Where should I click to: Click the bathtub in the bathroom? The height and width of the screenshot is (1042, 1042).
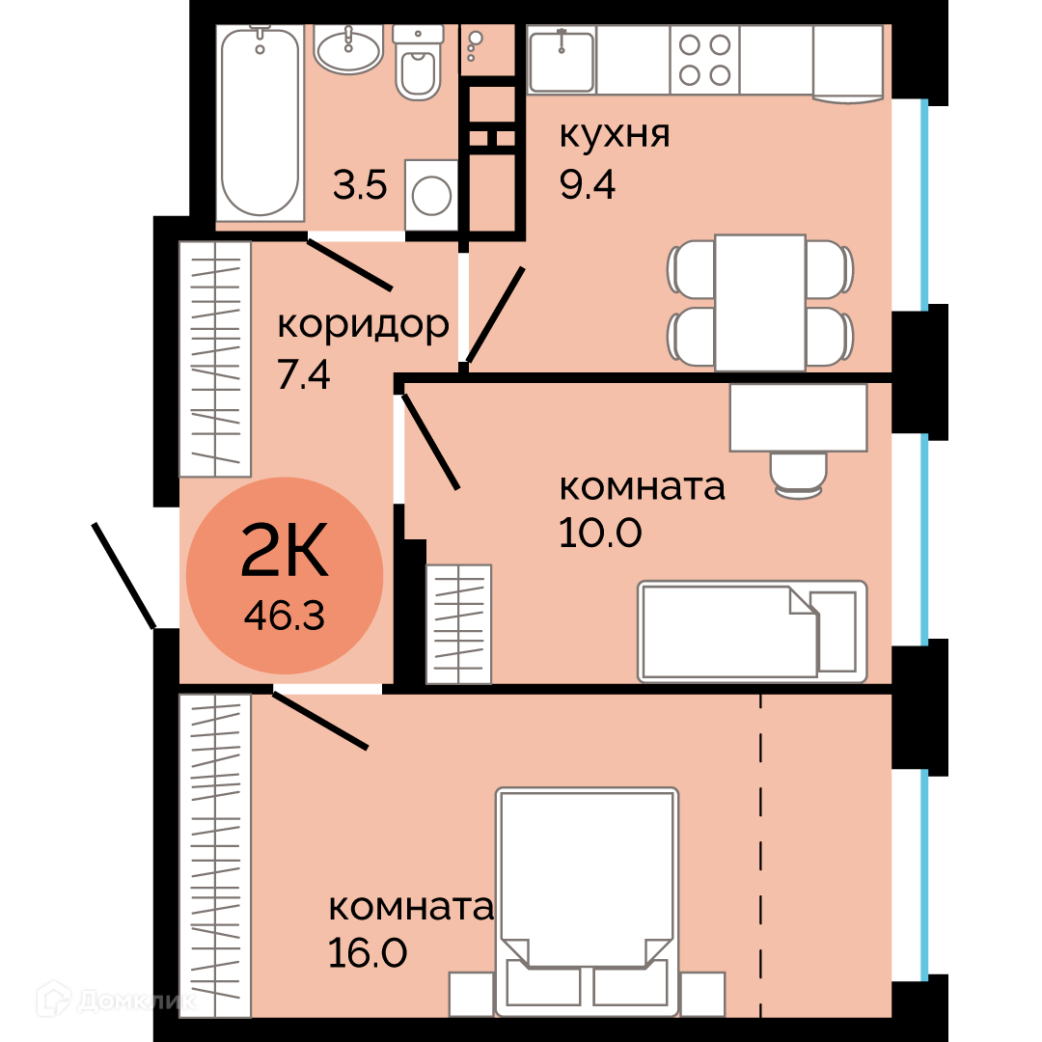click(260, 123)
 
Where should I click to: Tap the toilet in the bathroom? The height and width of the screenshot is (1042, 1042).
click(418, 63)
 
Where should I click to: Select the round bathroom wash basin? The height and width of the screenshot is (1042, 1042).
click(348, 49)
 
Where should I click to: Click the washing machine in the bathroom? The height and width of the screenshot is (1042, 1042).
click(431, 195)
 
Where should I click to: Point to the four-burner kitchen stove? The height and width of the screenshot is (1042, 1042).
click(704, 60)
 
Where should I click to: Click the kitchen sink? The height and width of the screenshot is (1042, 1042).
click(562, 60)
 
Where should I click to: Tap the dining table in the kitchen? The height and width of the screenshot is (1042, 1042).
click(760, 302)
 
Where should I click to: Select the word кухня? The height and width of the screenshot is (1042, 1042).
click(615, 135)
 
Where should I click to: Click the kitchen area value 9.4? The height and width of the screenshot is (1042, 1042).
click(588, 184)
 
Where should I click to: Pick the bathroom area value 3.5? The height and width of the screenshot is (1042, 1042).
click(360, 184)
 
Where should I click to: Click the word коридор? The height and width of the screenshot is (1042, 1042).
click(363, 326)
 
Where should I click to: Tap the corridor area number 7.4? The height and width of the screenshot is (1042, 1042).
click(304, 374)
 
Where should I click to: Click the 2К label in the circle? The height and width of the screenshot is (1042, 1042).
click(285, 549)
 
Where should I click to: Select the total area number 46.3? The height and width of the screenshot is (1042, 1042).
click(285, 616)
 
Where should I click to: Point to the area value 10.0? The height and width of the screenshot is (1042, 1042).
click(600, 533)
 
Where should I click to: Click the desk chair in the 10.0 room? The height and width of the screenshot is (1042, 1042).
click(799, 475)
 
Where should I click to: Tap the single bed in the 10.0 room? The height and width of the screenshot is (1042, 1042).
click(753, 631)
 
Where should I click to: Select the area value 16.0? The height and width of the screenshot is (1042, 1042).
click(368, 953)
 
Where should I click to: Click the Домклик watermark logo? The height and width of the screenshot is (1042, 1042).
click(117, 1000)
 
